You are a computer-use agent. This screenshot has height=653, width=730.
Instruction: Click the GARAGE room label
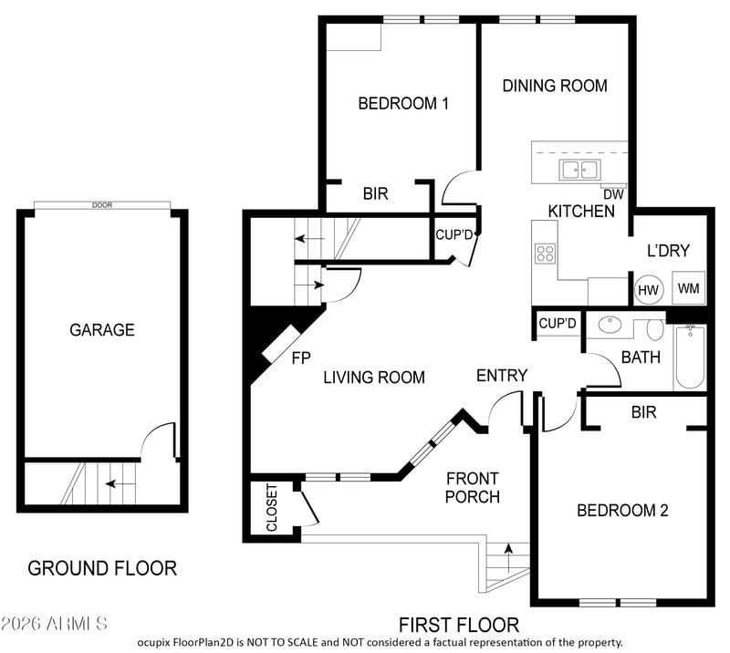point(102,330)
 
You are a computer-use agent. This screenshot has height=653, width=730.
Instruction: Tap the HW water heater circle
point(649,290)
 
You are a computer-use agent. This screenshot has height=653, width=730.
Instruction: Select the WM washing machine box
point(689,288)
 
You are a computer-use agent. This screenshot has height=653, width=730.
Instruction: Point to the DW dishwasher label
point(613,194)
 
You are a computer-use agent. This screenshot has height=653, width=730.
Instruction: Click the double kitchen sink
point(580,170)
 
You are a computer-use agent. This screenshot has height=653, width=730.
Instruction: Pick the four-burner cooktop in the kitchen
point(545,254)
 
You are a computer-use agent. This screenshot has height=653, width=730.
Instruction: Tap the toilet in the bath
point(655,330)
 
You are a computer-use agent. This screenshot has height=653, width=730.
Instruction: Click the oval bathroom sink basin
point(610,325)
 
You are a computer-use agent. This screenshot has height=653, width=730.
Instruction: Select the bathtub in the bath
point(690,358)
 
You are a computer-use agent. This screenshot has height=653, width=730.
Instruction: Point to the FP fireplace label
point(301,358)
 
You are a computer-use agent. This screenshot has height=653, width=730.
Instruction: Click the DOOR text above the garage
point(102,205)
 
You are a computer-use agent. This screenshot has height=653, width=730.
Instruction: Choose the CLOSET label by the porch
point(271,507)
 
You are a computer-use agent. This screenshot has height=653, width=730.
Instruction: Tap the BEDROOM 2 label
point(622,511)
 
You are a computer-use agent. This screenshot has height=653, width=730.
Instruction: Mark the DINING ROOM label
point(555,86)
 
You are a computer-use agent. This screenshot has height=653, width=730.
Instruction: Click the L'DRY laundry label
point(668,251)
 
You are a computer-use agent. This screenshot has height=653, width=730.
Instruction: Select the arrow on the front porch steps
point(509,557)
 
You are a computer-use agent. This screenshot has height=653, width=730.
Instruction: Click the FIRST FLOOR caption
point(459,625)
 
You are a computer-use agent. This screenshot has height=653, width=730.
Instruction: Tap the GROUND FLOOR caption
point(102,568)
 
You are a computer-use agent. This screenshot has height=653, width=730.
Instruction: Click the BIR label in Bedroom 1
point(375,193)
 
